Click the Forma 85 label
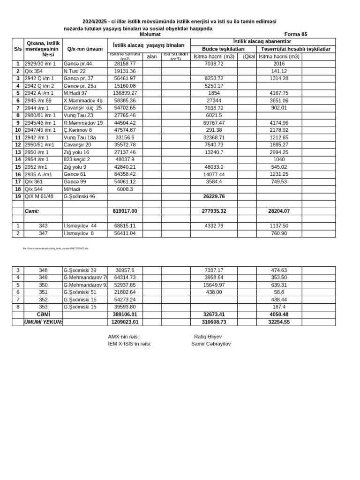coord(296,34)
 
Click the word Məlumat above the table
coord(150,34)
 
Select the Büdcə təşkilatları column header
coord(223,49)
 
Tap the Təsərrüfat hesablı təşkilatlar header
coord(295,49)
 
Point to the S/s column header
coord(18,49)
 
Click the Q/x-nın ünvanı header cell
coord(85,49)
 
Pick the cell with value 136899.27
coord(125,93)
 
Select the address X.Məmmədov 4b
coord(83,100)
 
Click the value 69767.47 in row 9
coord(214,123)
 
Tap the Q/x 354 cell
coord(34,71)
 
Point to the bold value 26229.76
coord(214,196)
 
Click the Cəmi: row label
coord(32,211)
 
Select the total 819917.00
coord(125,211)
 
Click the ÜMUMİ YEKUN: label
coord(43,322)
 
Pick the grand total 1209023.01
coord(125,322)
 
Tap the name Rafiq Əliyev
coord(208,337)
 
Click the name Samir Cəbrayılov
coord(210,344)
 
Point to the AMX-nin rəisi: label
coord(124,337)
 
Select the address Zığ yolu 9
coord(75,167)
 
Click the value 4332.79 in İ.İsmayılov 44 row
coord(214,226)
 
